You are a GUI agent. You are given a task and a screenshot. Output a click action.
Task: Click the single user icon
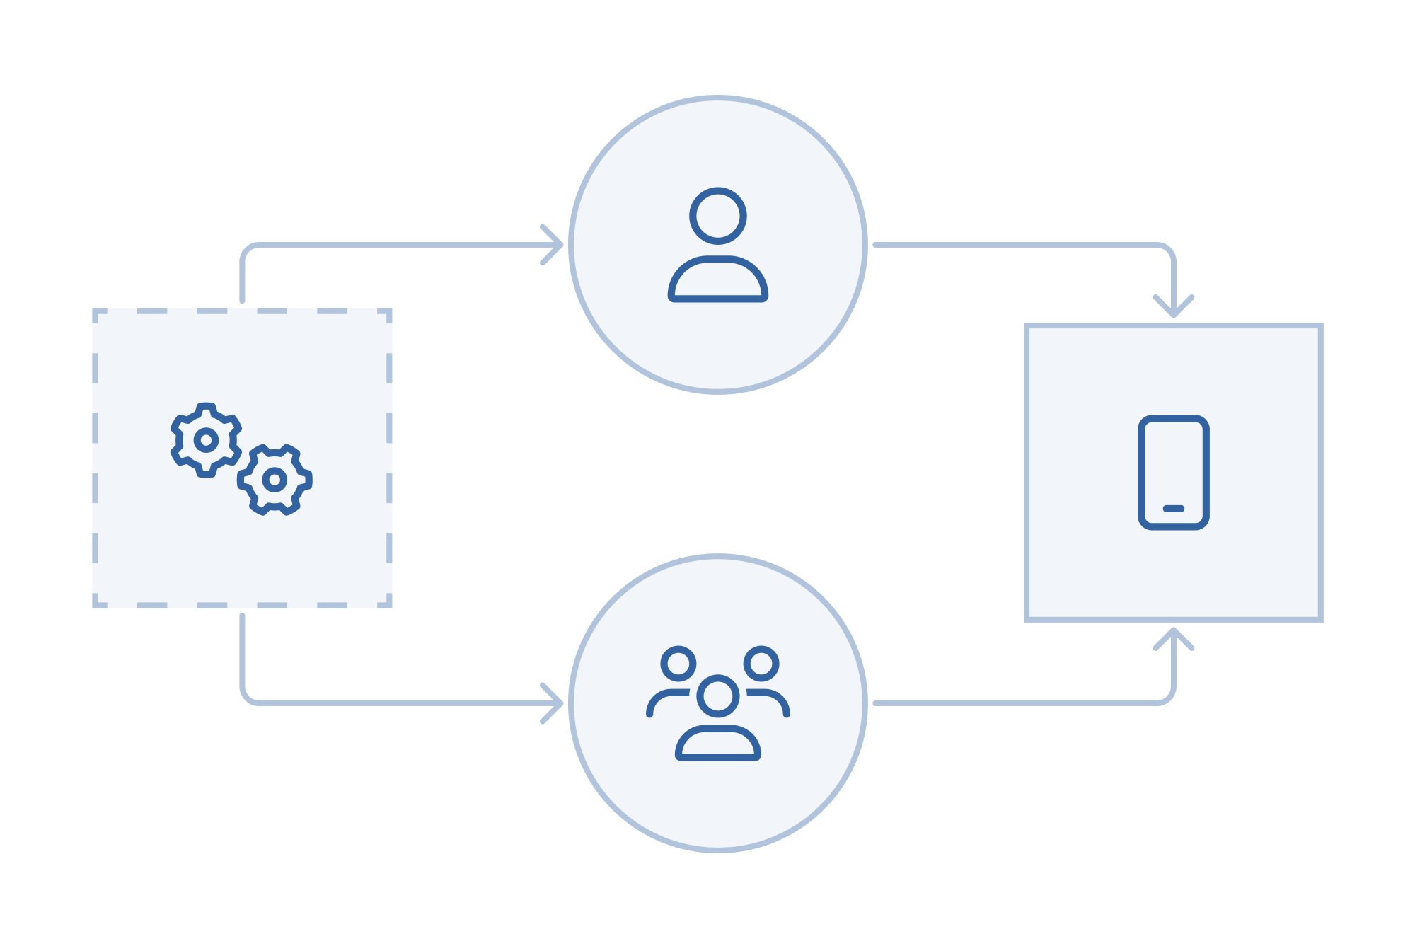tap(717, 245)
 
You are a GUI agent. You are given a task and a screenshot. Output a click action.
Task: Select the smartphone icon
tap(1173, 472)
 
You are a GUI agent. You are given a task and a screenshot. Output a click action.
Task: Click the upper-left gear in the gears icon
tap(206, 440)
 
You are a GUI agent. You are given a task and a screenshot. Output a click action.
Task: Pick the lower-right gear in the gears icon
tap(275, 480)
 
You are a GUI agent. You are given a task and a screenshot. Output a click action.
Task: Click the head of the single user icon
tap(717, 216)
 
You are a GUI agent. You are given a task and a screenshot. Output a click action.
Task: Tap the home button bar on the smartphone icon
tap(1173, 508)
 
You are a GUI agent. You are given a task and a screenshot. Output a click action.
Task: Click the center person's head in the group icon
tap(717, 696)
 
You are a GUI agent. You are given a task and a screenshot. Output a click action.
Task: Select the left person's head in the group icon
tap(678, 663)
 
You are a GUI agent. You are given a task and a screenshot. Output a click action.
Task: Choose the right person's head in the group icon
tap(761, 663)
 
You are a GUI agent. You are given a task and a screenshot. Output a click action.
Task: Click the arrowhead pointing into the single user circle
tap(556, 245)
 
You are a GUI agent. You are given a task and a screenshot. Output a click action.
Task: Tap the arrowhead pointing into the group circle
tap(556, 703)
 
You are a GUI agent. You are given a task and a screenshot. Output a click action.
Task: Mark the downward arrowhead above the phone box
tap(1173, 310)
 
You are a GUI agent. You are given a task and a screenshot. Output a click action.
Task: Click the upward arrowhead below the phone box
tap(1173, 635)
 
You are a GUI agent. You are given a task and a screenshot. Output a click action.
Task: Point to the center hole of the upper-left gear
tap(206, 440)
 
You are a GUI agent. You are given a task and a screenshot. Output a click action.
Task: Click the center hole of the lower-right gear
tap(275, 480)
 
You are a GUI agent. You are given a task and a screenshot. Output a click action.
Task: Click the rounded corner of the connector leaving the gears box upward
tap(247, 250)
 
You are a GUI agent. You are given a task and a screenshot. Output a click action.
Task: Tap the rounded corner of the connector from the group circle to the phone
tap(1168, 698)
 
